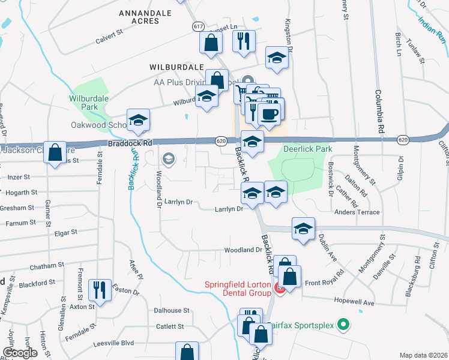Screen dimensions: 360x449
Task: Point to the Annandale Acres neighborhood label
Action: (x=139, y=16)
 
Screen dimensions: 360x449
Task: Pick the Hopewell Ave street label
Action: (x=354, y=303)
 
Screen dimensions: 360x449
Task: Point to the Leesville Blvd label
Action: (x=113, y=344)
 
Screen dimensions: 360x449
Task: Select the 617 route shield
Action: (x=199, y=27)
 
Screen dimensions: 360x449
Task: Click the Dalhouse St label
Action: (x=172, y=311)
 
